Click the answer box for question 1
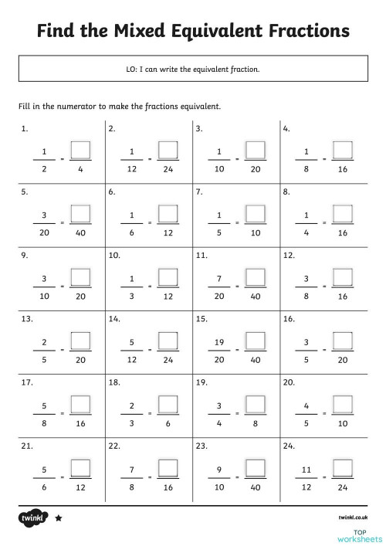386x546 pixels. tap(80, 148)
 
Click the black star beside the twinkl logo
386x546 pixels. tap(59, 519)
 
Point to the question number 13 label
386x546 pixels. tap(26, 318)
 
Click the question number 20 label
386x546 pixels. tap(288, 382)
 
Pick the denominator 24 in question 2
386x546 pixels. tap(168, 168)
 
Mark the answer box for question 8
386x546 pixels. tap(342, 212)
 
